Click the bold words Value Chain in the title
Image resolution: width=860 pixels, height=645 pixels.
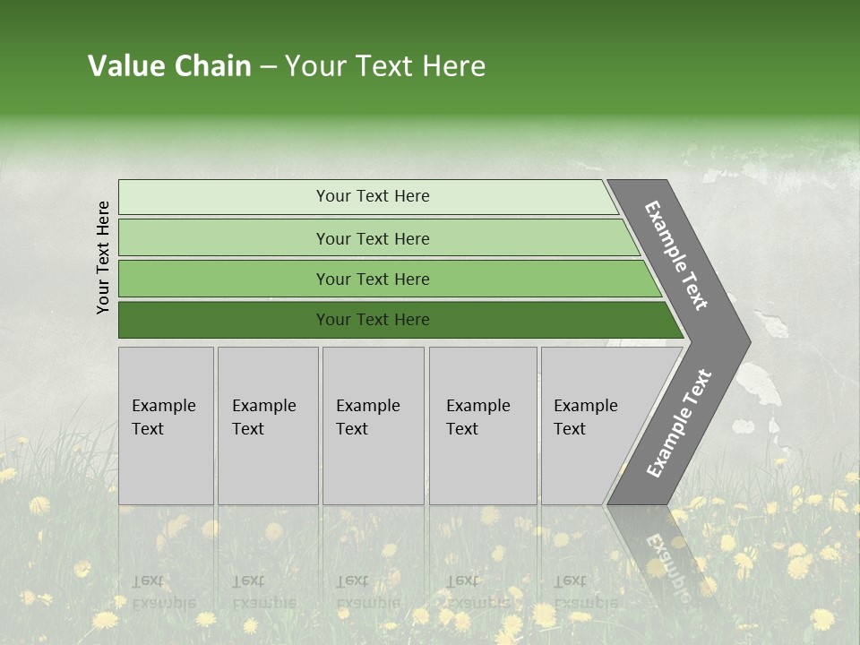tap(169, 66)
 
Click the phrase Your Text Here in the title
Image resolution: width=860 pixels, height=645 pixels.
tap(385, 66)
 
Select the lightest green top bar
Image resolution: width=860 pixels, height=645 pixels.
tap(224, 197)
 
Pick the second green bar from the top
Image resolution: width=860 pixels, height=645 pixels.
tap(224, 238)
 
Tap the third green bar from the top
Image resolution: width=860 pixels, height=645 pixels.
tap(224, 279)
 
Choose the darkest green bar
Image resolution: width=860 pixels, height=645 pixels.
tap(224, 320)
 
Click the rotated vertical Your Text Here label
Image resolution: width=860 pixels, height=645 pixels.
tap(103, 257)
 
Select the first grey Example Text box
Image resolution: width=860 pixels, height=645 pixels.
tap(166, 426)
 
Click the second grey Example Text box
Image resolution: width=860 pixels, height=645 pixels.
tap(268, 426)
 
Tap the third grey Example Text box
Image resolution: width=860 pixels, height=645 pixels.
tap(373, 426)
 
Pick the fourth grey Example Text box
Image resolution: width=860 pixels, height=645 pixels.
tap(483, 426)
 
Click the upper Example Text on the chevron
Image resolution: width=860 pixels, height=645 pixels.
tap(676, 255)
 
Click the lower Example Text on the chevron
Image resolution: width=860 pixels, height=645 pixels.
tap(679, 424)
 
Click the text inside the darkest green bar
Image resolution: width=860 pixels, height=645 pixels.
tap(373, 320)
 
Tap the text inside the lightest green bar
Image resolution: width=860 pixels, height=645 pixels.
tap(373, 196)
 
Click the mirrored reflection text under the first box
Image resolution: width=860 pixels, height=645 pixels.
tap(164, 591)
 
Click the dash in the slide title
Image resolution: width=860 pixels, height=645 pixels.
tap(268, 67)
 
